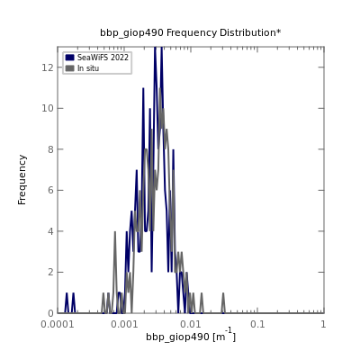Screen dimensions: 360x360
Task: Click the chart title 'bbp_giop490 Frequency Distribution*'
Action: coord(191,32)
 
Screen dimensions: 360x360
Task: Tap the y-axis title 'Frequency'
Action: coord(22,180)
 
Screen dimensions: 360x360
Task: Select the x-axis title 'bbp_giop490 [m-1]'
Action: coord(191,336)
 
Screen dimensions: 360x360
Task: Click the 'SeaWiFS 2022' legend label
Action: coord(103,58)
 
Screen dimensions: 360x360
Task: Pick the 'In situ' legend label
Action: coord(88,68)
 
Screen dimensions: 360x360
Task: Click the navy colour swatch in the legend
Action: coord(70,58)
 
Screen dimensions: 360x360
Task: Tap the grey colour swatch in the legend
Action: coord(70,68)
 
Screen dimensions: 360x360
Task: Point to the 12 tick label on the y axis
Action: coord(48,67)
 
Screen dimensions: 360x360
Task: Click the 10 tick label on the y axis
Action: coord(48,108)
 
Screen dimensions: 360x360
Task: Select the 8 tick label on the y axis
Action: coord(50,149)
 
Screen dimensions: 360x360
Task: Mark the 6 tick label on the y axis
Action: coord(50,190)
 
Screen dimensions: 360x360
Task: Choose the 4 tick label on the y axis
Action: coord(50,231)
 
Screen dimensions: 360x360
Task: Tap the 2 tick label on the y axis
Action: coord(50,272)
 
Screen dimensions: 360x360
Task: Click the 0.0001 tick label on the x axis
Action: coord(58,324)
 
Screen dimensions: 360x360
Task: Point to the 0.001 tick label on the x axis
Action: coord(124,324)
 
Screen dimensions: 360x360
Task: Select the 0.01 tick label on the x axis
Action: coord(191,324)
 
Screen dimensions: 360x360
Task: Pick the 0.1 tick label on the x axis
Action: coord(257,324)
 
